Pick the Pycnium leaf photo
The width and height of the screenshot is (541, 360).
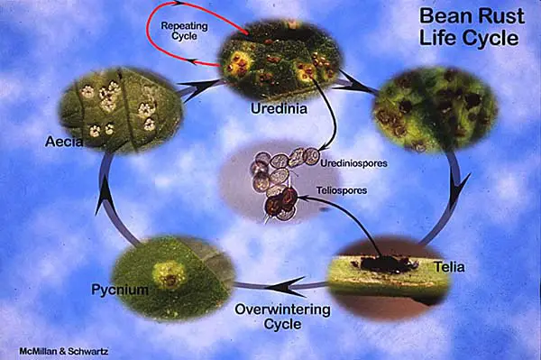coord(171,270)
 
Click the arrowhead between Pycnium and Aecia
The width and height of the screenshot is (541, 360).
coord(104,189)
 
